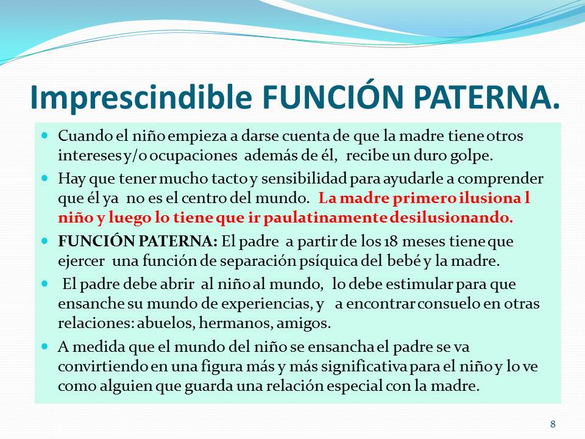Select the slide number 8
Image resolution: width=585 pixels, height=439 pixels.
click(553, 424)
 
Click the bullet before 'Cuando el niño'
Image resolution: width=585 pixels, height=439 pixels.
click(45, 135)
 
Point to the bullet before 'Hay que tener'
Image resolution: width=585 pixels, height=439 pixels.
click(45, 177)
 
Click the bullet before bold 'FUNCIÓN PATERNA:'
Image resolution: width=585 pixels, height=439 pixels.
click(45, 240)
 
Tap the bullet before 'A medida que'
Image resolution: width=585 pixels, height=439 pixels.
click(45, 346)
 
